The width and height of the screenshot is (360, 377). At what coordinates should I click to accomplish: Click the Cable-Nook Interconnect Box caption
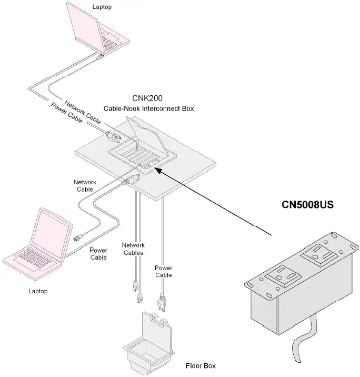148,109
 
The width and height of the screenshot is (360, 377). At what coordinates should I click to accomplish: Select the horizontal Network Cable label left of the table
84,185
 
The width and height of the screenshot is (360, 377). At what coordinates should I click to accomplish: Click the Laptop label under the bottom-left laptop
38,291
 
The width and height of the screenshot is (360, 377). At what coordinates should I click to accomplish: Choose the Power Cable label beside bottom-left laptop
98,254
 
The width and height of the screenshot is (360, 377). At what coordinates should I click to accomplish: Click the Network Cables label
133,249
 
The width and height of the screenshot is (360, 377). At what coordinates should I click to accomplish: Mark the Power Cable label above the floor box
163,272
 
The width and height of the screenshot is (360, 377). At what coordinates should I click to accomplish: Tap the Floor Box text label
201,366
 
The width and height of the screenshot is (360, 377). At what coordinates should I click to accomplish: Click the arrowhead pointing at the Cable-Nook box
158,170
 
